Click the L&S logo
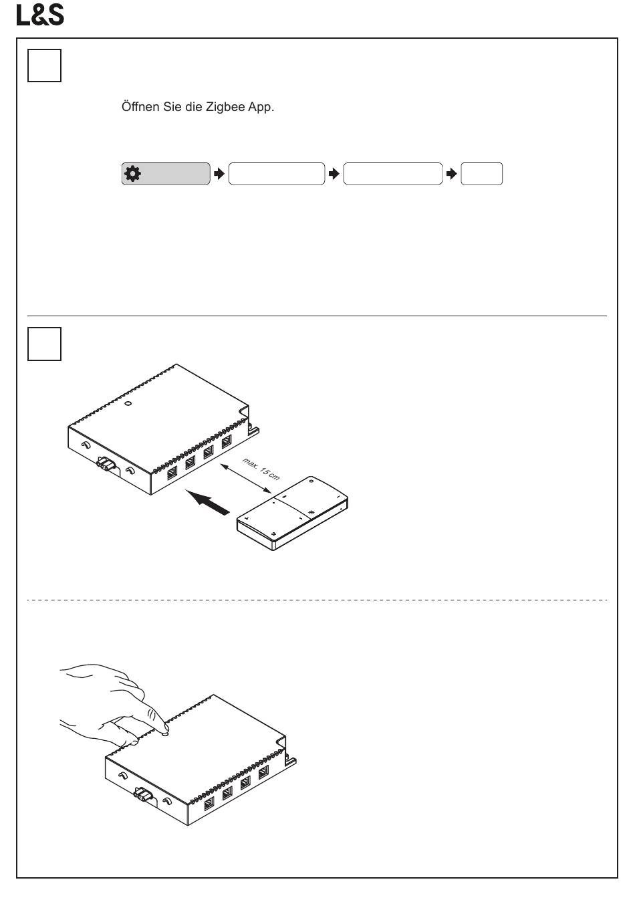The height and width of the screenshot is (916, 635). pos(40,15)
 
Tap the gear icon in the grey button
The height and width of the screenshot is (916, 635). pos(132,174)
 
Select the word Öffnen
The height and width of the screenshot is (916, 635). pos(140,107)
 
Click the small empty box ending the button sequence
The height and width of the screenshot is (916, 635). pos(481,174)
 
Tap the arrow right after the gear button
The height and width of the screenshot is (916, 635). pos(219,174)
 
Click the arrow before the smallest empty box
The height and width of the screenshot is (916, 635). pos(451,174)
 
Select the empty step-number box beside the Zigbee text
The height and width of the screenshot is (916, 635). pos(44,66)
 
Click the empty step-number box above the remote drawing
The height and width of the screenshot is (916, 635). pos(44,344)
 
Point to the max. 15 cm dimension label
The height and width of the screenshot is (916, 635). pos(261,469)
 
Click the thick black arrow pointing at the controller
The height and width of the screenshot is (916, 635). pos(207,503)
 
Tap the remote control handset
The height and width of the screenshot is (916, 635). pos(292,513)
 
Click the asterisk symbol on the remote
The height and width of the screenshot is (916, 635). pos(311,512)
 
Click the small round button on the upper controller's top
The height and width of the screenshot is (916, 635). pos(128,403)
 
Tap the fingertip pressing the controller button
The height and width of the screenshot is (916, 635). pos(166,729)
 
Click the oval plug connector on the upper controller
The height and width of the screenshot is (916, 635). pos(106,465)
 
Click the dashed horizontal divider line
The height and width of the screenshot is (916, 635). pos(317,600)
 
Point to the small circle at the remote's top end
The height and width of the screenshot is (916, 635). pos(311,481)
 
